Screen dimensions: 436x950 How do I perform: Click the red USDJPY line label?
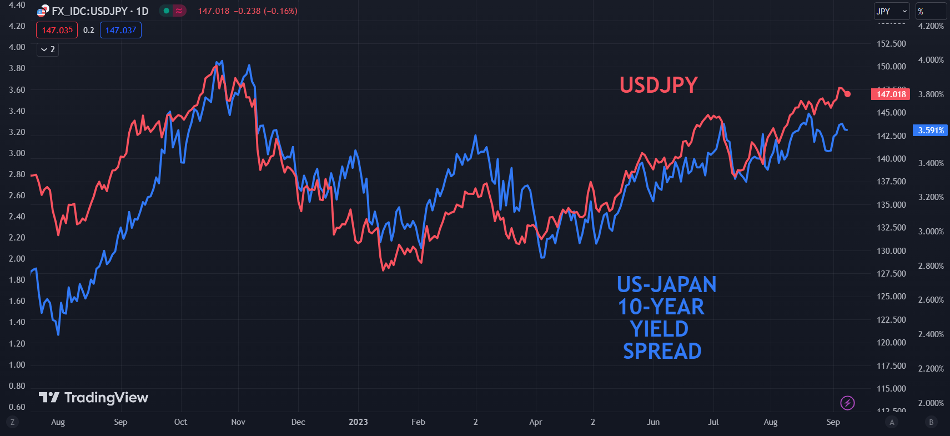click(x=659, y=85)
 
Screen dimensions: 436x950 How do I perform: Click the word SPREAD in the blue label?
click(x=662, y=352)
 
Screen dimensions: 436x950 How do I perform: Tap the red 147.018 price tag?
click(x=891, y=94)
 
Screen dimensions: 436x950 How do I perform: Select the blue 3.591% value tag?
click(x=931, y=131)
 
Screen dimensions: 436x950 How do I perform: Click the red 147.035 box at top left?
click(x=57, y=30)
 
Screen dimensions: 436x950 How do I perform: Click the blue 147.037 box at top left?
click(x=120, y=30)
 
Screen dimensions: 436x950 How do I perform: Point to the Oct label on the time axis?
click(x=180, y=422)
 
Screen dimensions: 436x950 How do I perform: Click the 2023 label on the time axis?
click(x=358, y=422)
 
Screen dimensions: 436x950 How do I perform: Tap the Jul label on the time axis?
click(x=713, y=422)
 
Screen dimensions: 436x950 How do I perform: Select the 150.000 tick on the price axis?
click(x=891, y=67)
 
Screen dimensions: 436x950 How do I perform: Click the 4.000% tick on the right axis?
click(x=931, y=60)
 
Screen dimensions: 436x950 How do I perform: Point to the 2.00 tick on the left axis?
click(x=17, y=259)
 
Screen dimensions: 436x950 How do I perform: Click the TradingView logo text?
click(x=105, y=398)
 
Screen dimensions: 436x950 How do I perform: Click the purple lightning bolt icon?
click(x=847, y=403)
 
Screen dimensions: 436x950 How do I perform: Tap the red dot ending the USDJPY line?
click(x=847, y=94)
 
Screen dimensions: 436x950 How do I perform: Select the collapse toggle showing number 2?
click(x=48, y=49)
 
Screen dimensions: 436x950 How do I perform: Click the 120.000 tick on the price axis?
click(x=891, y=343)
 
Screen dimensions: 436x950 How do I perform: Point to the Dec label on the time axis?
click(x=298, y=422)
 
